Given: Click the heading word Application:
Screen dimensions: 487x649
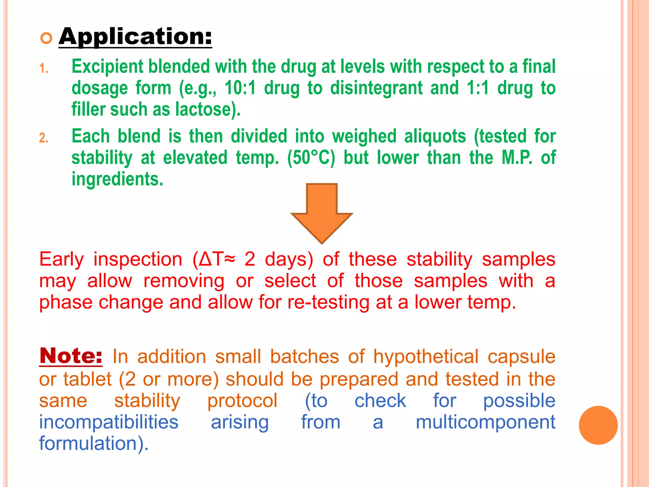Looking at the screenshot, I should (135, 37).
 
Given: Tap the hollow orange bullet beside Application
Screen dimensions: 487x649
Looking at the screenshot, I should (46, 38).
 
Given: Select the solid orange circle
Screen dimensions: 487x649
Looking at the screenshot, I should (598, 425).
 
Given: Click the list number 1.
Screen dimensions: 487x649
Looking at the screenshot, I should (44, 68).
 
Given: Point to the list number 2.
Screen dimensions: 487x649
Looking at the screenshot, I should (44, 138).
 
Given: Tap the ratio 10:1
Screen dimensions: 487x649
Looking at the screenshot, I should (240, 88).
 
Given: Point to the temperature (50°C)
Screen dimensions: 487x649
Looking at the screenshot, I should (311, 158).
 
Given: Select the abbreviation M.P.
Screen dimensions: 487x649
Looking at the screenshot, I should (517, 158).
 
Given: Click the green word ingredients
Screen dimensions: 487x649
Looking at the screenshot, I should (117, 179).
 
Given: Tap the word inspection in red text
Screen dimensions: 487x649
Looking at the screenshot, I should (138, 259).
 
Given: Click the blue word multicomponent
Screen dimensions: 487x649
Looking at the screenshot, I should (485, 422).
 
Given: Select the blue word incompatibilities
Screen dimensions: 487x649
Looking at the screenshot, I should (109, 422).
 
